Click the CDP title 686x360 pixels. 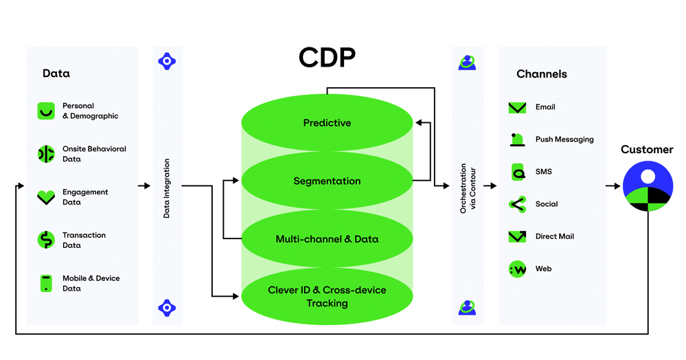click(x=327, y=58)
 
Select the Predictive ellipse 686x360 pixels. click(x=327, y=123)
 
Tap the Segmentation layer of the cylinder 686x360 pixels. click(x=327, y=181)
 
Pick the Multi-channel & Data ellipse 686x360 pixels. click(x=327, y=239)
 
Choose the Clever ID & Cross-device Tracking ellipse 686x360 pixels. click(x=327, y=297)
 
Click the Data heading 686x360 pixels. click(x=56, y=74)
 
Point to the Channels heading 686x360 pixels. click(x=542, y=74)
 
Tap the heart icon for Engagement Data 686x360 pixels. click(x=46, y=197)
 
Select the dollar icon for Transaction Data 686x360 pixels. click(x=46, y=240)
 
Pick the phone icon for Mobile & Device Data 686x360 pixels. click(x=46, y=283)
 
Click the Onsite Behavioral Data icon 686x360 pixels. click(x=46, y=154)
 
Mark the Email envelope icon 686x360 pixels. click(x=517, y=108)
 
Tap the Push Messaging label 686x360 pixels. click(x=564, y=139)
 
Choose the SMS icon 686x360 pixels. click(x=518, y=172)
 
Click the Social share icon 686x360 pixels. click(x=517, y=204)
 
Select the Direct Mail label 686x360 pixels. click(x=554, y=236)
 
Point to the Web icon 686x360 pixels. click(x=517, y=269)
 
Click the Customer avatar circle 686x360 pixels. click(x=647, y=186)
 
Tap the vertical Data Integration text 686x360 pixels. click(x=167, y=189)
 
